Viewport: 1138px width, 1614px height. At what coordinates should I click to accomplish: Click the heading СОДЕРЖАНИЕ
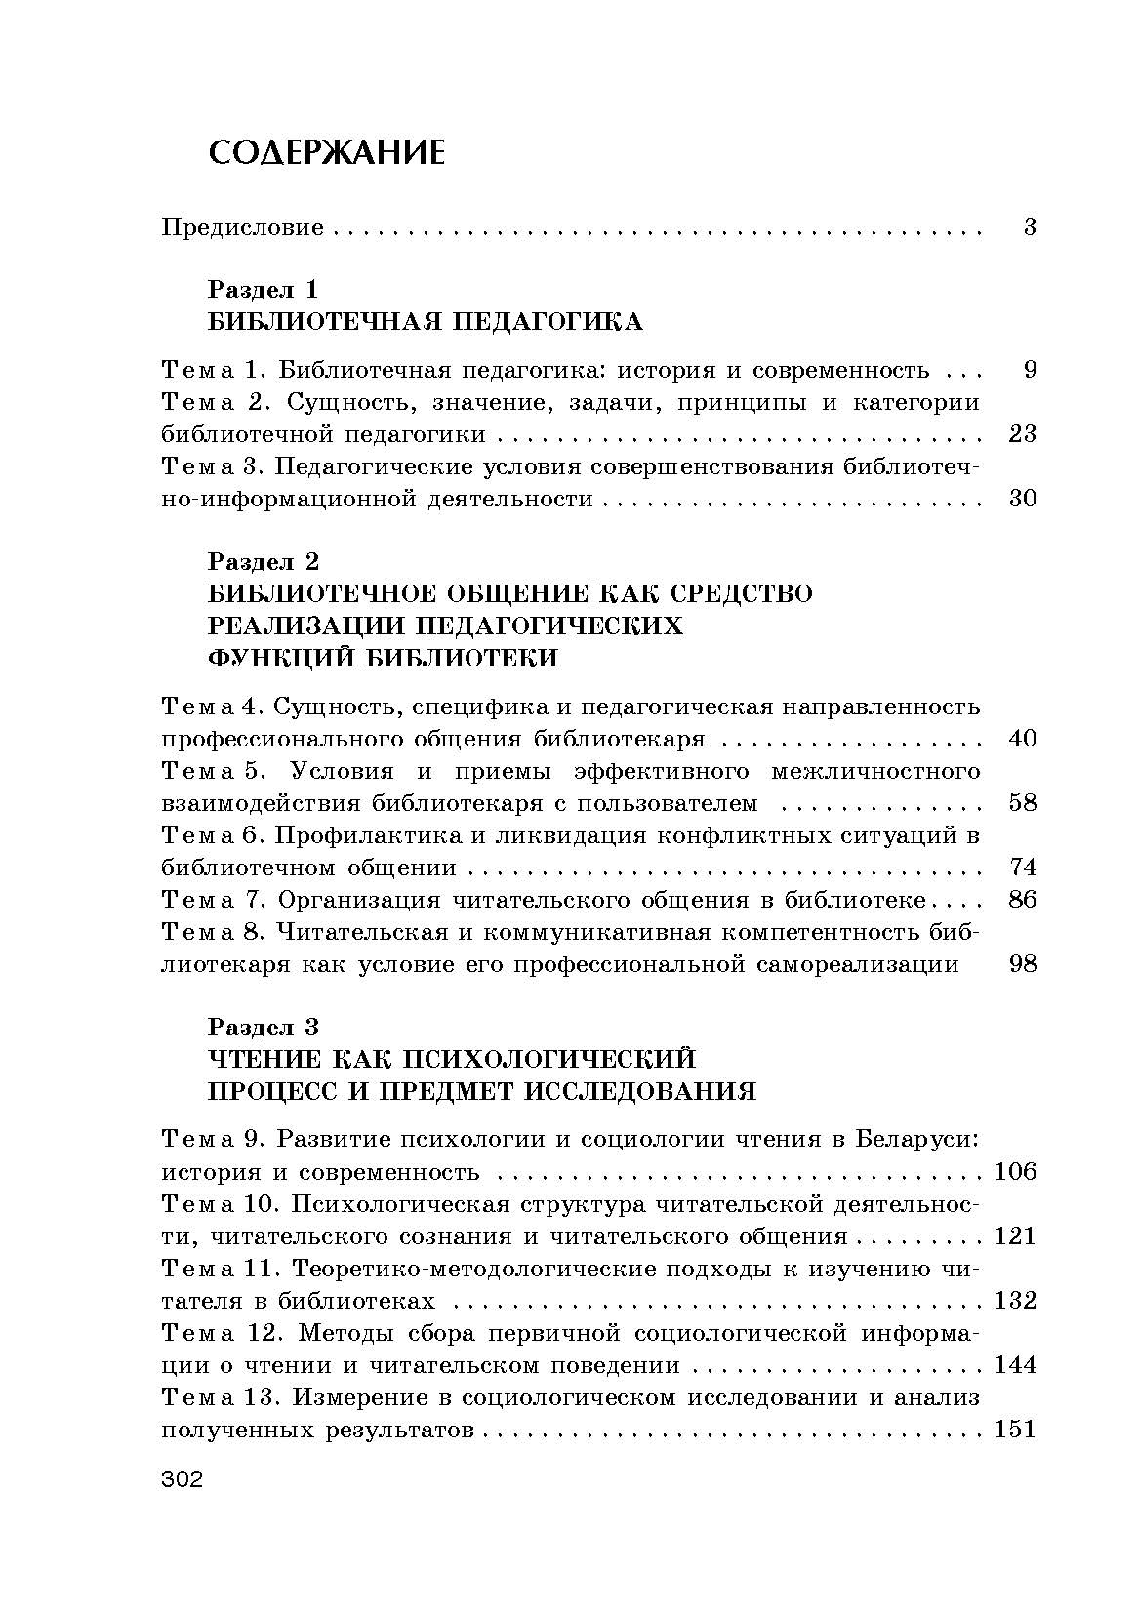(327, 152)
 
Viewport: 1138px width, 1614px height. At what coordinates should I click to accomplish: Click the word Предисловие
(242, 228)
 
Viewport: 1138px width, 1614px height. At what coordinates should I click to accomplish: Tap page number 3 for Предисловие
(1029, 228)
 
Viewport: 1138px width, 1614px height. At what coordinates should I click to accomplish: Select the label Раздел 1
(264, 290)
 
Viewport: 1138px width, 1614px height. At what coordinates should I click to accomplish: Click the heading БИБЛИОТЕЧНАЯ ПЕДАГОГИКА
(426, 322)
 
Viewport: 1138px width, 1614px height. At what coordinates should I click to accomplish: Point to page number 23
(1022, 433)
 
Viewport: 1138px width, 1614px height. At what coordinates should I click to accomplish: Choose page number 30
(1022, 499)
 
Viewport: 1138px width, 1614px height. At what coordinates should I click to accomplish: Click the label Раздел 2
(264, 561)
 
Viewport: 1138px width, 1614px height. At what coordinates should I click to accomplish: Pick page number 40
(1022, 738)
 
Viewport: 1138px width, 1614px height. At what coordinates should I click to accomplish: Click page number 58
(1022, 803)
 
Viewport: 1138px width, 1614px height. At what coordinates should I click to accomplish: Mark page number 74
(1022, 868)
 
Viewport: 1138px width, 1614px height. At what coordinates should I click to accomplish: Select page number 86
(1022, 899)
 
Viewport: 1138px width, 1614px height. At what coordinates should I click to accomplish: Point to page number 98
(1022, 964)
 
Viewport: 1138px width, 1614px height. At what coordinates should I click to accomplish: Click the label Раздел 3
(264, 1027)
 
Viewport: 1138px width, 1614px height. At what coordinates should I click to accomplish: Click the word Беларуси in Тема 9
(917, 1139)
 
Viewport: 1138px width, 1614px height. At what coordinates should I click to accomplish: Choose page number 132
(1014, 1300)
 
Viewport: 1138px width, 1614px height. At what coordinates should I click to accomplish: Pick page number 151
(1014, 1430)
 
